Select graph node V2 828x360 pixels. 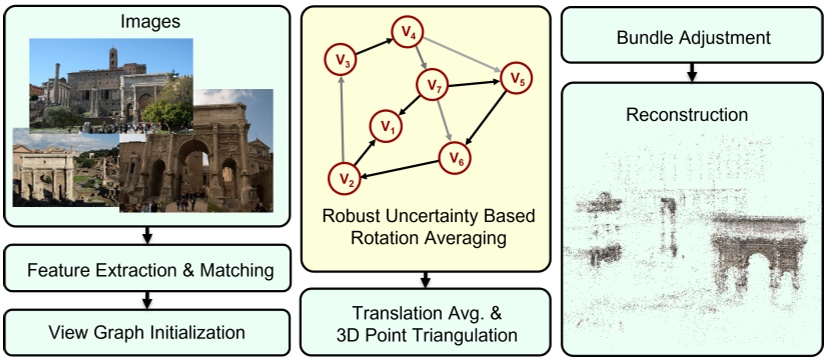click(343, 179)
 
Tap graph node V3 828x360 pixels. click(342, 61)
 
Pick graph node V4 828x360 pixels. click(406, 32)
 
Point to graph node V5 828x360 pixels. click(516, 76)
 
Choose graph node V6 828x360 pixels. click(455, 156)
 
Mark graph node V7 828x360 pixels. click(432, 85)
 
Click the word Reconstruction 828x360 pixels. click(686, 115)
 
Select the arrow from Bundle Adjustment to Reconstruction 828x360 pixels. click(689, 73)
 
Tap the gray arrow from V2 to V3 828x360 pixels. click(343, 120)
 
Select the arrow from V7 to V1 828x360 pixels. click(410, 105)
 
